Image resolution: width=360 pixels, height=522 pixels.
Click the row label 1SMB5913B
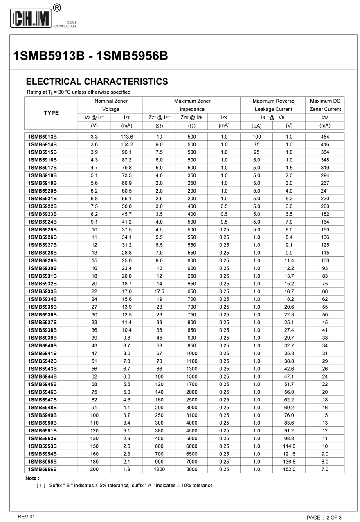click(43, 137)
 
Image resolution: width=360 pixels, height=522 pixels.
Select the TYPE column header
click(51, 113)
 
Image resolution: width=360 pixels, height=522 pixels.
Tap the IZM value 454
click(325, 137)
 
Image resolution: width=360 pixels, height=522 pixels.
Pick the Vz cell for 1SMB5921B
click(94, 199)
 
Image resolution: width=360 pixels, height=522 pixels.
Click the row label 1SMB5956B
click(43, 469)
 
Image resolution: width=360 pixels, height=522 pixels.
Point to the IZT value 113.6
click(127, 137)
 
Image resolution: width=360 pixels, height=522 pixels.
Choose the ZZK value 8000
click(191, 469)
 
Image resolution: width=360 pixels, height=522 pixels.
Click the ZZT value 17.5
click(159, 291)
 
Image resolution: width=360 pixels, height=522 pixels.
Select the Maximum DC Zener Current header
click(325, 105)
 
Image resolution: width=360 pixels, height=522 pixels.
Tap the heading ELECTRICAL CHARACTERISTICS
click(97, 82)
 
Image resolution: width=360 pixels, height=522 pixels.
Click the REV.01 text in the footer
click(27, 517)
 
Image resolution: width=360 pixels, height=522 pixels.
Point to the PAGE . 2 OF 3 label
click(324, 518)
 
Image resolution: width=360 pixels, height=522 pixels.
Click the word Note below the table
click(32, 478)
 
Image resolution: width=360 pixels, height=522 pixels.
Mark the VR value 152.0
click(289, 469)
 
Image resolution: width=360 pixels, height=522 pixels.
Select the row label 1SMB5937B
click(43, 323)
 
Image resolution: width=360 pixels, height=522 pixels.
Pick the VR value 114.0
click(289, 446)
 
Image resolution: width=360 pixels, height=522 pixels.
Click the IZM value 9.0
click(325, 454)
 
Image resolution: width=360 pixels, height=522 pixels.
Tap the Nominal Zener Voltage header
click(110, 105)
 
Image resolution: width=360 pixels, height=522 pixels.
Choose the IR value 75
click(256, 144)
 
